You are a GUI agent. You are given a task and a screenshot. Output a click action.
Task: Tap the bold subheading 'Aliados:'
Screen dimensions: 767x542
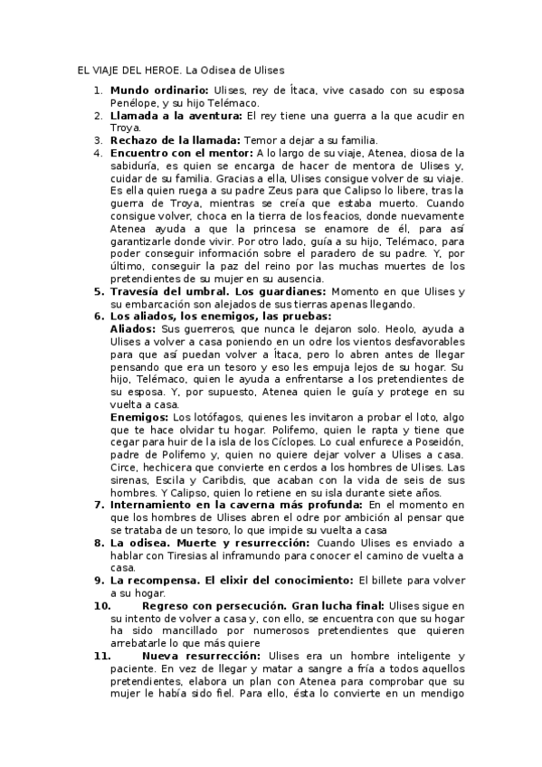pos(131,330)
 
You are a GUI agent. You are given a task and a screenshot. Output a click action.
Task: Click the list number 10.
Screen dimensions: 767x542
pos(101,604)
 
